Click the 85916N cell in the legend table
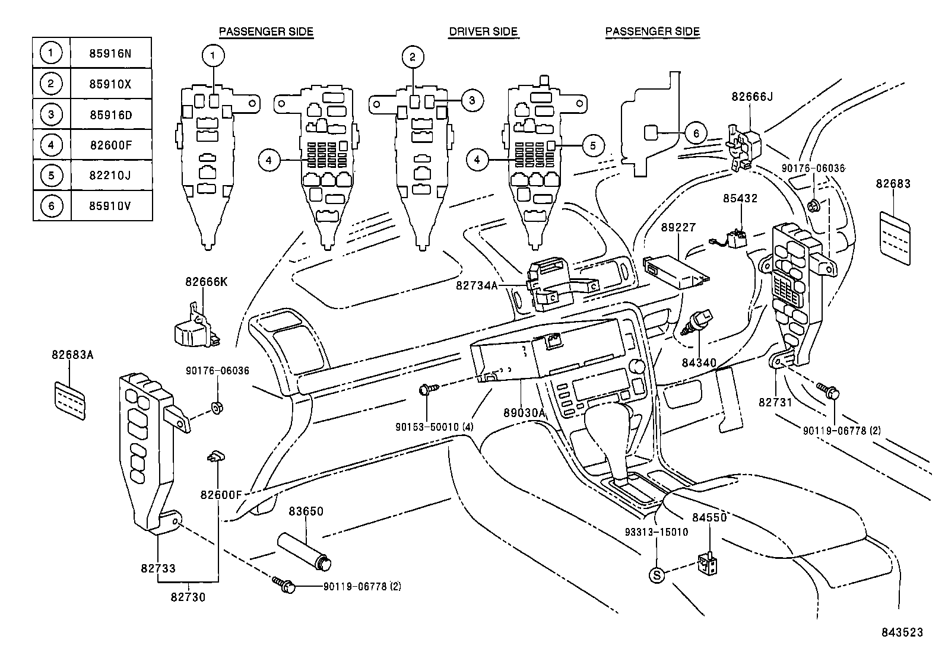coord(110,53)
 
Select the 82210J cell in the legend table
coord(110,175)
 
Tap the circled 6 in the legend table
coord(51,205)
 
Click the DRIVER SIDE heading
coord(483,32)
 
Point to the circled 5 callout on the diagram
coord(592,145)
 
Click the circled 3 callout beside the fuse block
coord(471,100)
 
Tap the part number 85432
coord(740,198)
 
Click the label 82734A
coord(477,285)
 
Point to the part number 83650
coord(306,511)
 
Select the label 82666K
coord(206,282)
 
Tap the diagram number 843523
coord(902,632)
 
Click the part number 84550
coord(709,517)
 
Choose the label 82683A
coord(72,355)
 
